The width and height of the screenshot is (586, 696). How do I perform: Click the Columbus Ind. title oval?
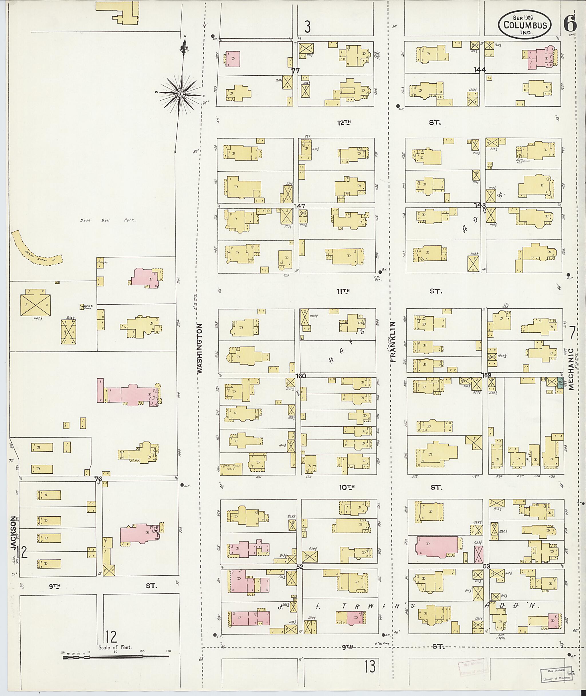coord(524,24)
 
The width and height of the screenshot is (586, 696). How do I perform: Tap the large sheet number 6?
coord(570,24)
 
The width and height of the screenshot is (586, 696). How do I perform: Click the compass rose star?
coord(180,94)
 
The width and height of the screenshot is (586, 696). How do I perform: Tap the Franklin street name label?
coord(394,341)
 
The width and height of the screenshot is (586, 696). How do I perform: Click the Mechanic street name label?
coord(571,369)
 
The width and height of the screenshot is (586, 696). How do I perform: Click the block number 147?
coord(300,206)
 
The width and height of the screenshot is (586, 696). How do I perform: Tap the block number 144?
coord(480,70)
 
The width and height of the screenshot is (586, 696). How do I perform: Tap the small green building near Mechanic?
coord(560,385)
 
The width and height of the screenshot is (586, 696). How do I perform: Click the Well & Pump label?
coord(87,307)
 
